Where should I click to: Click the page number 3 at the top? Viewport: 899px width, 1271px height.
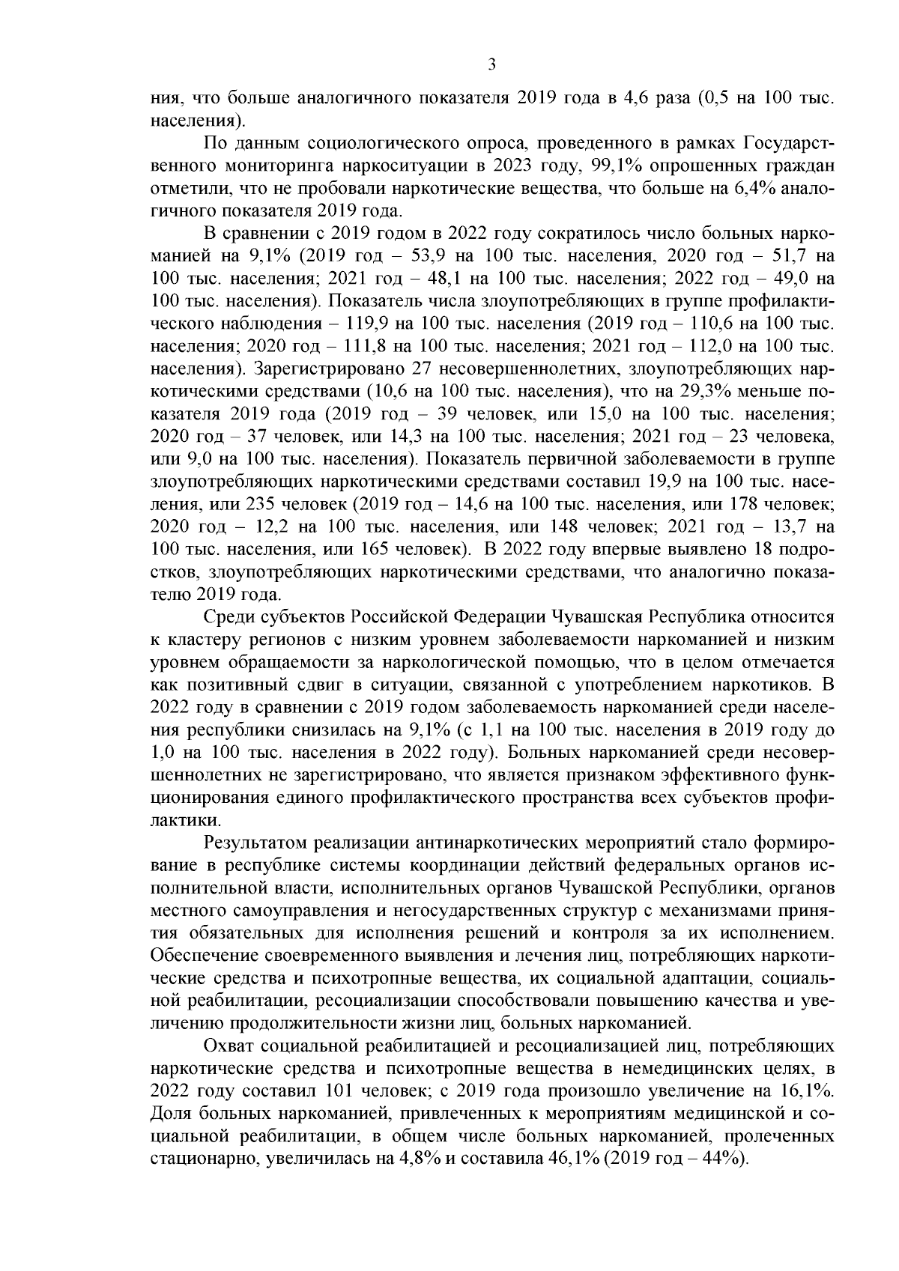tap(491, 64)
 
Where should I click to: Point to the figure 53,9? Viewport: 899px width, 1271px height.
tap(430, 256)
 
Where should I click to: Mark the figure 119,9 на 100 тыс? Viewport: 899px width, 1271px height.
tap(369, 324)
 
